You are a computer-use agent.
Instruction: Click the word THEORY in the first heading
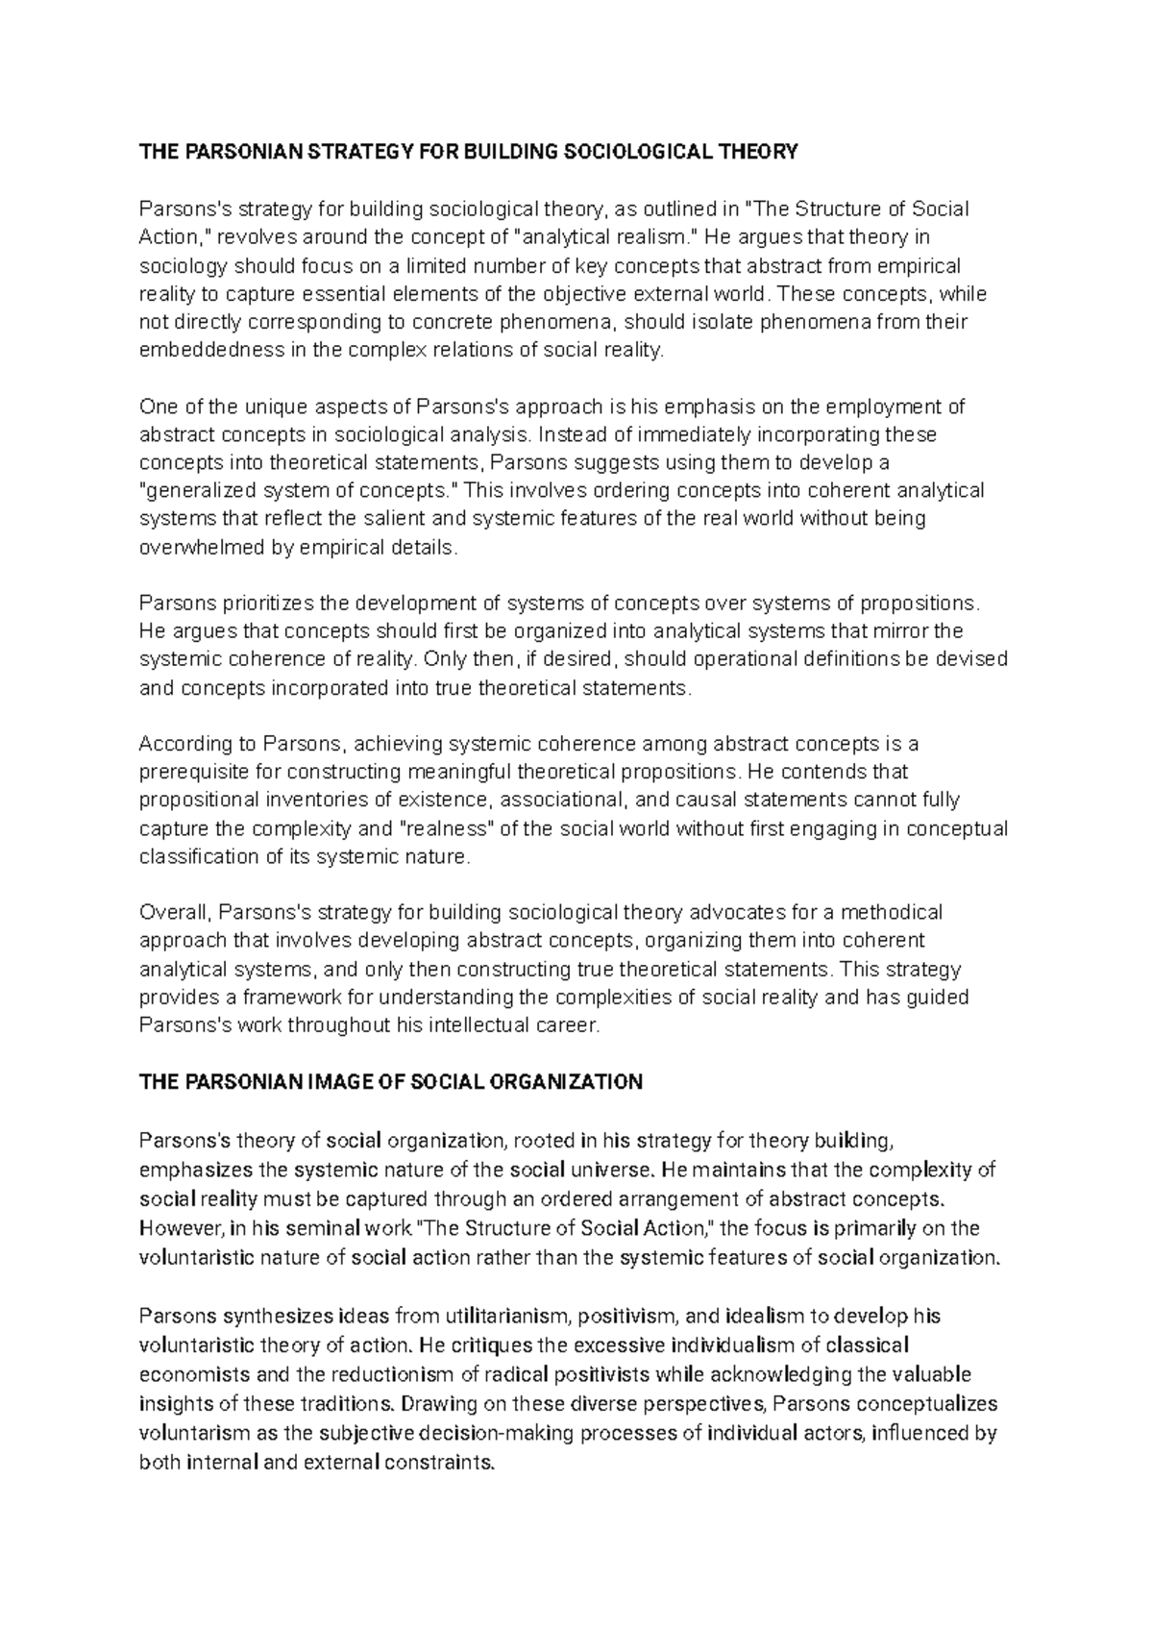[758, 152]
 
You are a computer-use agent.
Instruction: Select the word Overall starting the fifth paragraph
[170, 912]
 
